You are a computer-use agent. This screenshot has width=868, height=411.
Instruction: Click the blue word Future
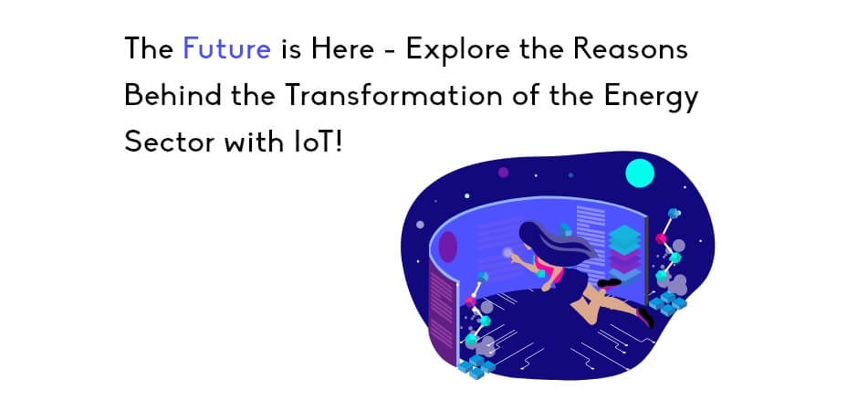(226, 48)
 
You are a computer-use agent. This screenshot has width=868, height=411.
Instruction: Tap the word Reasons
(630, 48)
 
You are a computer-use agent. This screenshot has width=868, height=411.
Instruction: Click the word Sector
(169, 142)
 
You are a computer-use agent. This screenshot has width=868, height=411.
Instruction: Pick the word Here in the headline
(342, 48)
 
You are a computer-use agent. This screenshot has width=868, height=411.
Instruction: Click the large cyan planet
(640, 173)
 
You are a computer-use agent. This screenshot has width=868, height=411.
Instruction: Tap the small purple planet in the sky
(503, 173)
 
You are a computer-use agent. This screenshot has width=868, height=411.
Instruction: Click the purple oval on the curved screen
(448, 247)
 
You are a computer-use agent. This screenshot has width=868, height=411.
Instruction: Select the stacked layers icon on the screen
(624, 253)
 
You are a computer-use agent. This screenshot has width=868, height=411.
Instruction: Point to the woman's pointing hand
(516, 258)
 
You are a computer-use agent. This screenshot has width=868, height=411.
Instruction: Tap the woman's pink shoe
(646, 318)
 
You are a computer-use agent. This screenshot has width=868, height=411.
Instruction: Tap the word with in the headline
(250, 142)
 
